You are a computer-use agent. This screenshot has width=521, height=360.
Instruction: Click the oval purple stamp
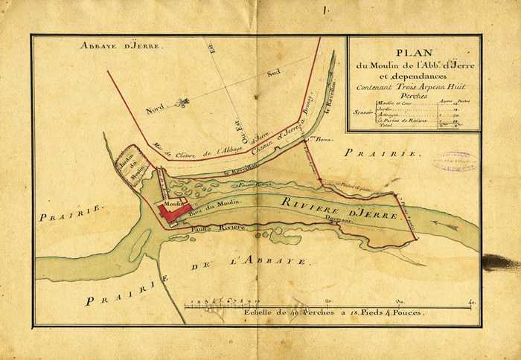click(x=456, y=161)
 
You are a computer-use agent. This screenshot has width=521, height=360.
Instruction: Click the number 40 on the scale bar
click(x=471, y=302)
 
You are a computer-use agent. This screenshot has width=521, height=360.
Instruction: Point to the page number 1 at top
click(x=325, y=10)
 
